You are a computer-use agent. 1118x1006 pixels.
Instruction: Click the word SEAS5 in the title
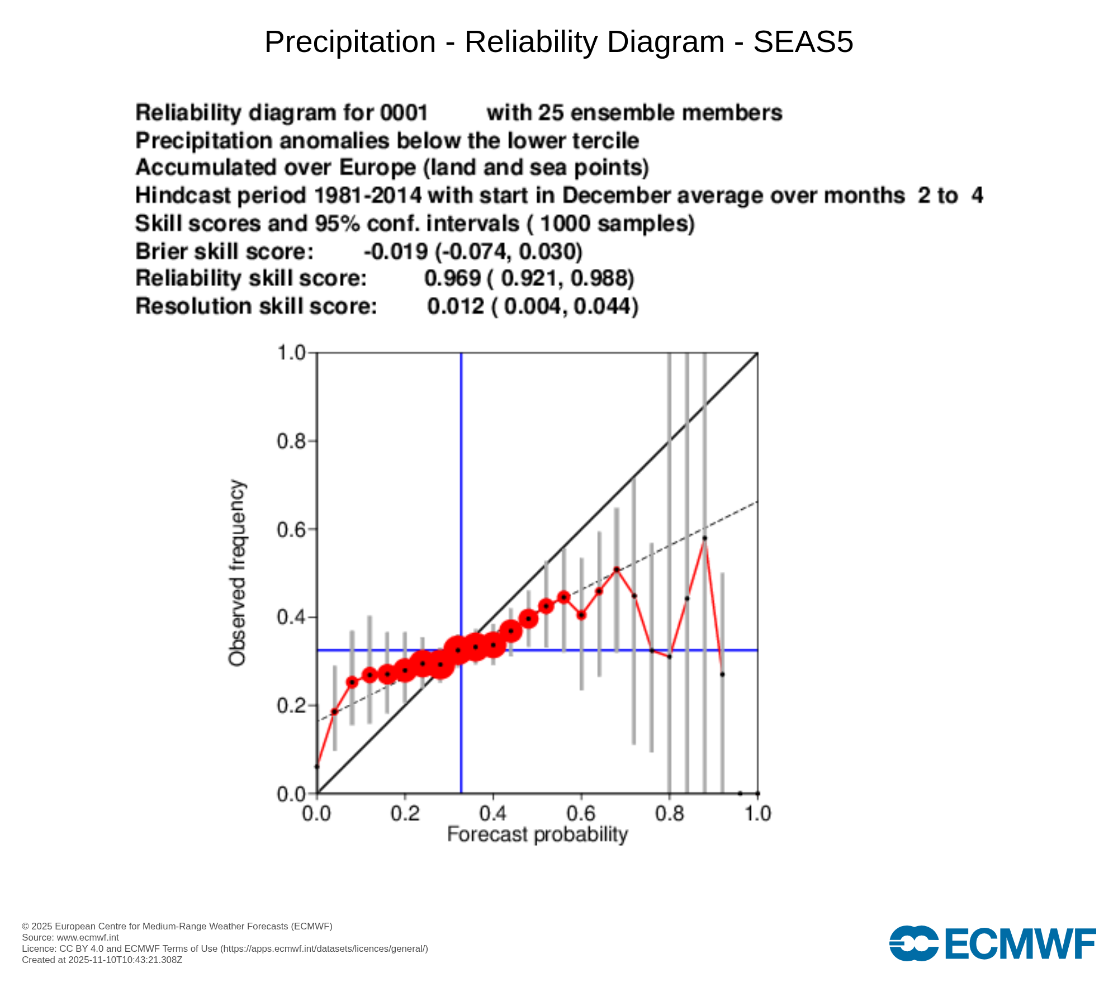coord(803,42)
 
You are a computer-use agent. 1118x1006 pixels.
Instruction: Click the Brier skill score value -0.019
coord(396,251)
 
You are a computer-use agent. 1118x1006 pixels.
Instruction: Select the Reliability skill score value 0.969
coord(452,278)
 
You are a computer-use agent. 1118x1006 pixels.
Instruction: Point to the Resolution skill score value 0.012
coord(456,306)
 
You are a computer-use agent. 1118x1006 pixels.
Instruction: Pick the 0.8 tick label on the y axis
coord(291,442)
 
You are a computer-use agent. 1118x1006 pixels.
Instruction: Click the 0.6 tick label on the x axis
coord(581,814)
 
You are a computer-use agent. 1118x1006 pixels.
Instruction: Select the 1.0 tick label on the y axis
coord(291,353)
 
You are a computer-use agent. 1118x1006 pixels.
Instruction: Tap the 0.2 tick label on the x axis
coord(405,814)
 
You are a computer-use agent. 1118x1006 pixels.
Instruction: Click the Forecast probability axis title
coord(537,834)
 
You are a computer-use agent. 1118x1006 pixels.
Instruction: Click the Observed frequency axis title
coord(237,573)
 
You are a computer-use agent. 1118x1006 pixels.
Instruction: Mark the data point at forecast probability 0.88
coord(704,538)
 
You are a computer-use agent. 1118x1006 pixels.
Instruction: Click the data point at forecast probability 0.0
coord(317,767)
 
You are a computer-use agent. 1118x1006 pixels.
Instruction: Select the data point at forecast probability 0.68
coord(617,570)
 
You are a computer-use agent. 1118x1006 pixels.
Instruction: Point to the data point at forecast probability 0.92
coord(722,675)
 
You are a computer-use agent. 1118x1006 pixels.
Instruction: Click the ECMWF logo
coord(992,943)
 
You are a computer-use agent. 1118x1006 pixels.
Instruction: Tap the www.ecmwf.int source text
coord(88,937)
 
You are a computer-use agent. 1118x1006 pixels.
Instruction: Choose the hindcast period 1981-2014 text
coord(367,196)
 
